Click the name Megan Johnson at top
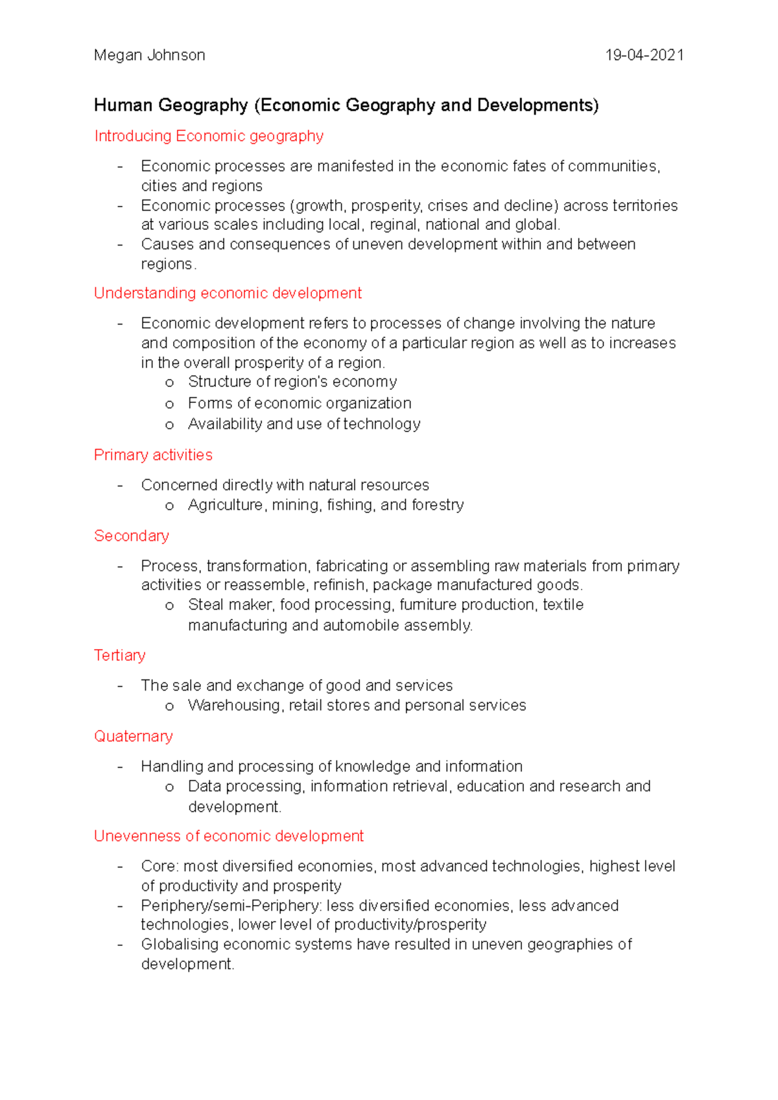click(149, 55)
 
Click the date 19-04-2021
click(644, 55)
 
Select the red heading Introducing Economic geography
click(209, 136)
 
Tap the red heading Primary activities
click(153, 455)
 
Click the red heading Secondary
click(132, 536)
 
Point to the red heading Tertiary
click(120, 656)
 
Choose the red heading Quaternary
click(134, 737)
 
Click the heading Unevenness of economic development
click(229, 836)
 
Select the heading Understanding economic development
click(228, 293)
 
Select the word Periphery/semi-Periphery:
click(231, 906)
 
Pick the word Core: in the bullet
click(159, 867)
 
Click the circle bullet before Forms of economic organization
click(170, 404)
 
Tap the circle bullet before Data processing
click(170, 788)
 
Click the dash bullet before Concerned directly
click(121, 486)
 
